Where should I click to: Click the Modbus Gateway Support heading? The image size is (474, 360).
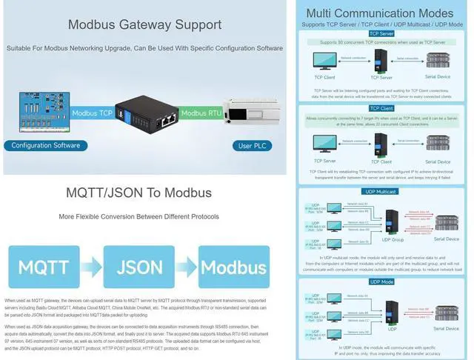coord(144,24)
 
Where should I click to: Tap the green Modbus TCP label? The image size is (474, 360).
coord(92,113)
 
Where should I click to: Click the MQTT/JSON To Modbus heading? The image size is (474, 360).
coord(139,193)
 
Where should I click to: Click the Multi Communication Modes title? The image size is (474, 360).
coord(379,13)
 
